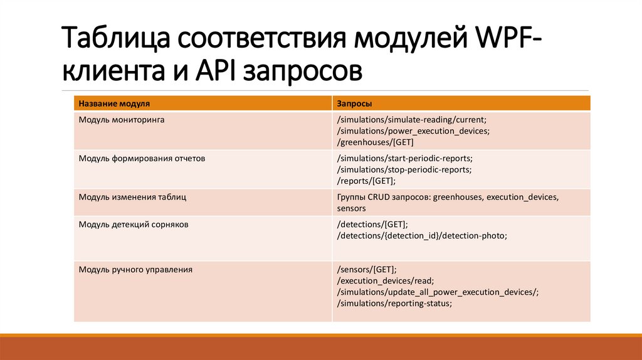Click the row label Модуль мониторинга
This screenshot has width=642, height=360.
122,119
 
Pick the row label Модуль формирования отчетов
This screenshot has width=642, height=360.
142,158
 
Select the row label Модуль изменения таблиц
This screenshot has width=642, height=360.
132,197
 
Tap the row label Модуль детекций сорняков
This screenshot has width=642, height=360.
134,223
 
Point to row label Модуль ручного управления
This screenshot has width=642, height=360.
135,270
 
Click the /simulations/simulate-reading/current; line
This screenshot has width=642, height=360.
411,119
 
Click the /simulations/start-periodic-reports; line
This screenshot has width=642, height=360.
404,158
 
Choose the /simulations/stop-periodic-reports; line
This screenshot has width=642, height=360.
404,169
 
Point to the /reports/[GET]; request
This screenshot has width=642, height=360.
366,181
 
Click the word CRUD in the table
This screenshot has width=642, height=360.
379,197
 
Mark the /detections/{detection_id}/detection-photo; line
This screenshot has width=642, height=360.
421,235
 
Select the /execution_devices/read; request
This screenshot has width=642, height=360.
385,281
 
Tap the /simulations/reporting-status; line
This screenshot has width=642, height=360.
394,304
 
